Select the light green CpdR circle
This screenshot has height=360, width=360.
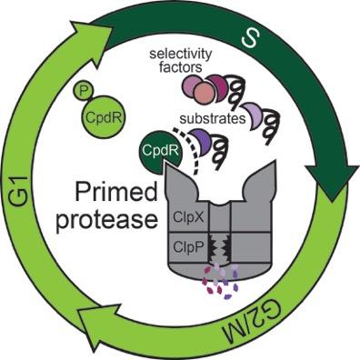click(104, 116)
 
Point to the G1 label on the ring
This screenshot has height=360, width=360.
click(19, 192)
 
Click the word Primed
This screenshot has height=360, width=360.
click(116, 194)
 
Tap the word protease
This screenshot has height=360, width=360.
click(107, 219)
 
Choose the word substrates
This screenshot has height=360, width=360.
click(213, 119)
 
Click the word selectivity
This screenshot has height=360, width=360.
click(181, 55)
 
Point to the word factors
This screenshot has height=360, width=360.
click(181, 67)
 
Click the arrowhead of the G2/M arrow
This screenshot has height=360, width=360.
click(98, 326)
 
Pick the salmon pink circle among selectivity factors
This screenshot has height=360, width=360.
click(204, 93)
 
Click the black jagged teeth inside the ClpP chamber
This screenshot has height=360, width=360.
click(220, 246)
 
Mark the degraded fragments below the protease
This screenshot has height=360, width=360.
click(220, 281)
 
